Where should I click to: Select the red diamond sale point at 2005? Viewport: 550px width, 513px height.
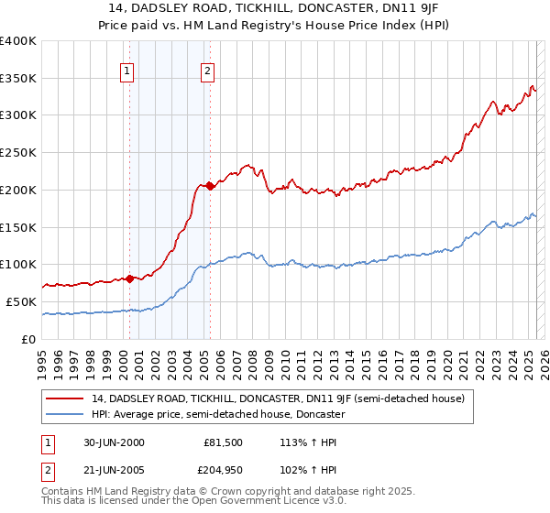pyautogui.click(x=210, y=186)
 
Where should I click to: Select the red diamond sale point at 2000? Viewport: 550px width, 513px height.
pyautogui.click(x=129, y=278)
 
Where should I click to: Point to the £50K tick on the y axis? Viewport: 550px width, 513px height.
pyautogui.click(x=21, y=301)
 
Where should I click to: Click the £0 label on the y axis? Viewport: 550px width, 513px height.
pyautogui.click(x=30, y=339)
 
